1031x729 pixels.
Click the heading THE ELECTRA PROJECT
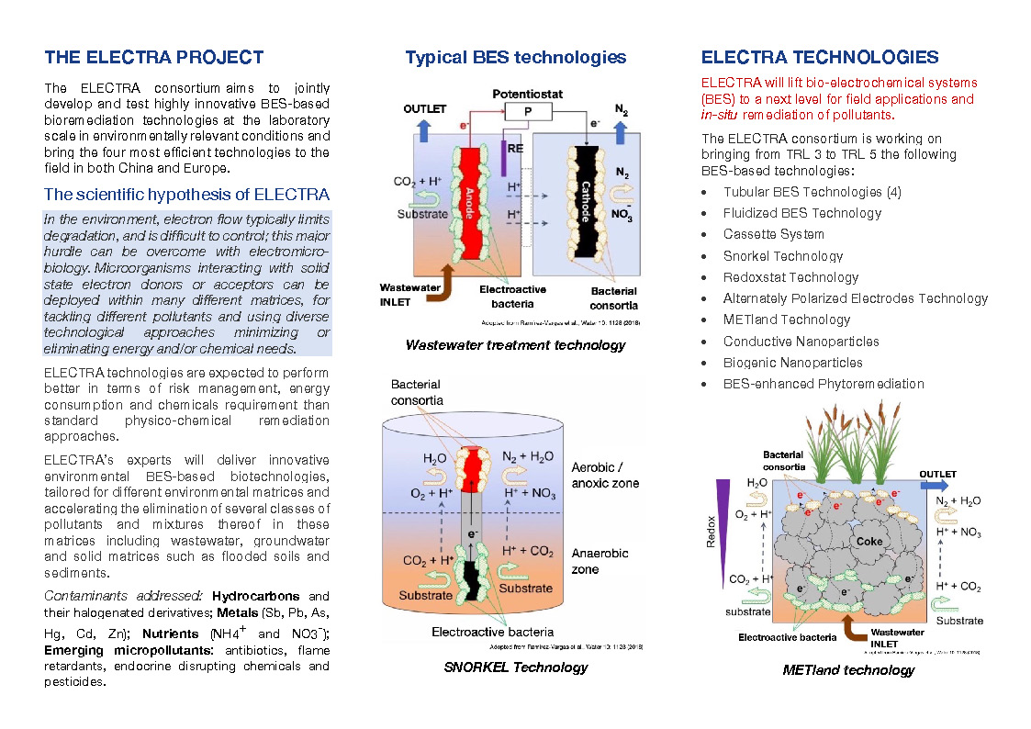(154, 58)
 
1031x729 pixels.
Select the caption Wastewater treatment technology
(515, 345)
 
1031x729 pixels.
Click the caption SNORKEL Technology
(515, 667)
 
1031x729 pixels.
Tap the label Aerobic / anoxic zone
(605, 475)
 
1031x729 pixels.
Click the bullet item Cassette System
(774, 234)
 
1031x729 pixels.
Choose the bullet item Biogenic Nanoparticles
(792, 363)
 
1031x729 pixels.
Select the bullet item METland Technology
(787, 320)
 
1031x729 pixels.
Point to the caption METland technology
(848, 669)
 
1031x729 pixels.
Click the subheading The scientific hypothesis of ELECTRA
(186, 194)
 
